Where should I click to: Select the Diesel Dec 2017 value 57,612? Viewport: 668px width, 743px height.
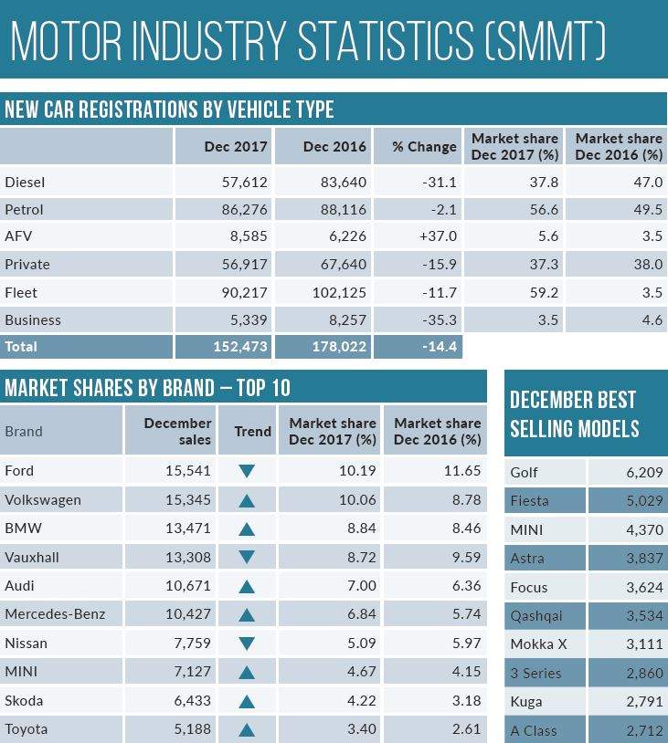(x=224, y=182)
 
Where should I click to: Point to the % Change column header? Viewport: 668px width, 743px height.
(x=424, y=146)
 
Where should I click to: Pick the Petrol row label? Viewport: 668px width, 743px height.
(x=25, y=209)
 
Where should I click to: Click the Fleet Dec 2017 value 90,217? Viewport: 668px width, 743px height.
(x=224, y=292)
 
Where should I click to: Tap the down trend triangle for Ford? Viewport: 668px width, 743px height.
(x=246, y=472)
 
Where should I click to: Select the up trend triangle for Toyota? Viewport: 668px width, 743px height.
(x=246, y=730)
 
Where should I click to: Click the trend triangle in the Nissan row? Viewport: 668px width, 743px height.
(x=246, y=644)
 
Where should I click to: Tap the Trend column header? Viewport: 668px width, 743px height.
(x=252, y=431)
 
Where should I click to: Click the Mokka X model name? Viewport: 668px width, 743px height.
(x=540, y=644)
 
